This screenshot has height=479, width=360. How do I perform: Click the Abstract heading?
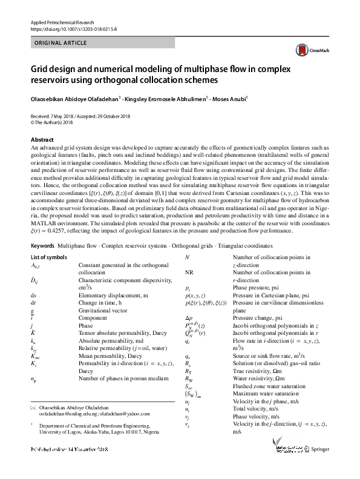pyautogui.click(x=42, y=139)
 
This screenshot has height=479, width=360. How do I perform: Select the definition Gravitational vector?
pyautogui.click(x=102, y=309)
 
